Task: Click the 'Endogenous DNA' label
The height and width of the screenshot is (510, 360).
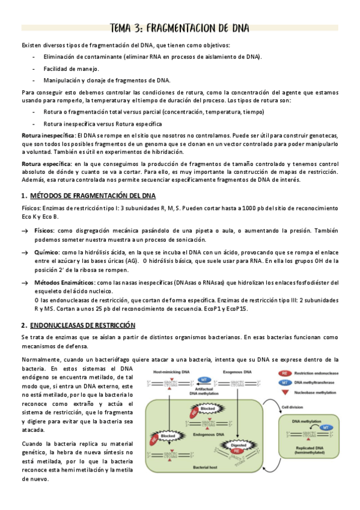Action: pyautogui.click(x=209, y=434)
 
